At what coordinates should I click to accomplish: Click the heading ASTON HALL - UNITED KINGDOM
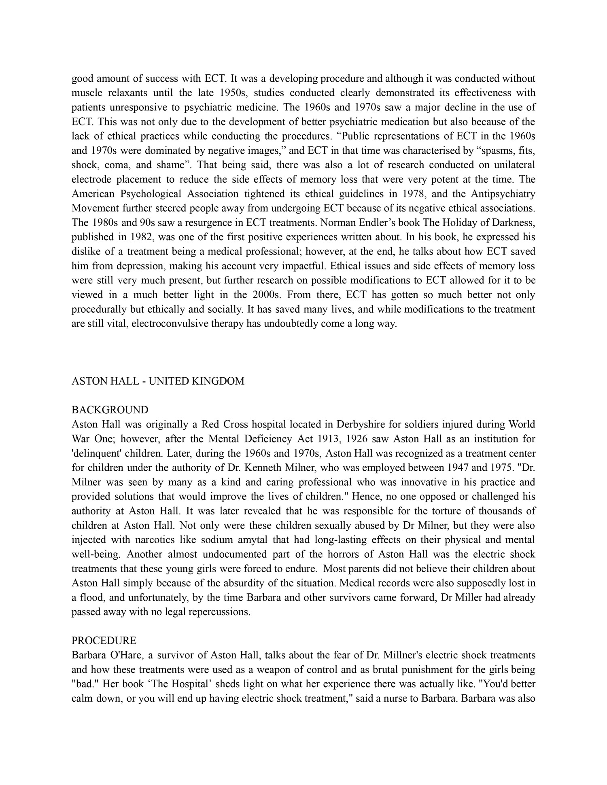pos(158,381)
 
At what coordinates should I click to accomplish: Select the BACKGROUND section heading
pos(110,410)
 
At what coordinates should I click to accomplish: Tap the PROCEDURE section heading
pos(104,641)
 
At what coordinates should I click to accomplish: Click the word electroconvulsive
pos(170,324)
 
